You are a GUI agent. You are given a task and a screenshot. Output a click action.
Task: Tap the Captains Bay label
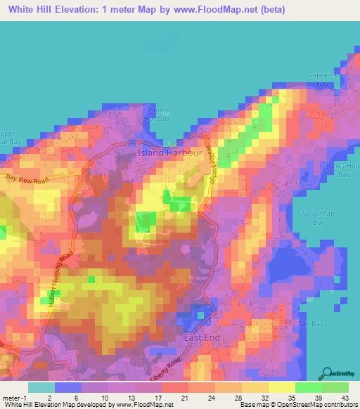tap(321, 79)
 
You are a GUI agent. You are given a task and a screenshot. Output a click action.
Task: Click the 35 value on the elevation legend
tap(281, 397)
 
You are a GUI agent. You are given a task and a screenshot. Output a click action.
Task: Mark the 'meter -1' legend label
tap(15, 397)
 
